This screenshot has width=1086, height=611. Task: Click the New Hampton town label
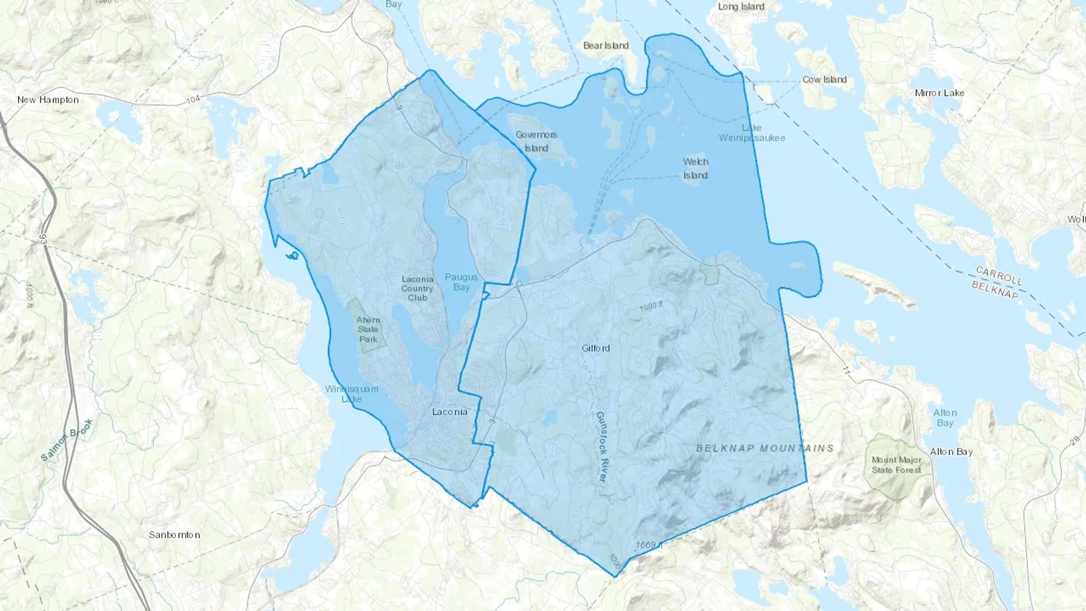pyautogui.click(x=48, y=100)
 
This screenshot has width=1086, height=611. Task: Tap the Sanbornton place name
pyautogui.click(x=174, y=534)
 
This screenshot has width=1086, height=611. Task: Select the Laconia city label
pyautogui.click(x=449, y=412)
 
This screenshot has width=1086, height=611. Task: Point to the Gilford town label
pyautogui.click(x=595, y=348)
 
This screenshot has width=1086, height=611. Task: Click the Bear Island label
pyautogui.click(x=606, y=45)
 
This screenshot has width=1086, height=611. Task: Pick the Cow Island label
pyautogui.click(x=824, y=79)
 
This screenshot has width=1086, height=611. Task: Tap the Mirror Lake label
pyautogui.click(x=939, y=93)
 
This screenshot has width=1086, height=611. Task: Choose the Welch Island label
pyautogui.click(x=696, y=168)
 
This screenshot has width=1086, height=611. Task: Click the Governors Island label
pyautogui.click(x=536, y=141)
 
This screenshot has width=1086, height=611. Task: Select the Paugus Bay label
pyautogui.click(x=462, y=282)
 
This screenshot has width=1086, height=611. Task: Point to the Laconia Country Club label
pyautogui.click(x=417, y=288)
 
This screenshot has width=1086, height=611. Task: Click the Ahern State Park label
pyautogui.click(x=368, y=329)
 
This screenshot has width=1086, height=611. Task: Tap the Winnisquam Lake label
pyautogui.click(x=352, y=393)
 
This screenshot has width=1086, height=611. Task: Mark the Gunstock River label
pyautogui.click(x=601, y=446)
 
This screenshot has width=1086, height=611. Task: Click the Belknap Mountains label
pyautogui.click(x=765, y=448)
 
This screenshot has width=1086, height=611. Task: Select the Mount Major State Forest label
pyautogui.click(x=897, y=464)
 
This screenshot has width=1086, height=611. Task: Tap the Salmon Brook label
pyautogui.click(x=66, y=440)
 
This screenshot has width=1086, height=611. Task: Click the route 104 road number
pyautogui.click(x=192, y=99)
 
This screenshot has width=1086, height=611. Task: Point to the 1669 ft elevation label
pyautogui.click(x=649, y=545)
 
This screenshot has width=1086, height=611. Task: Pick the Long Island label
pyautogui.click(x=741, y=7)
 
